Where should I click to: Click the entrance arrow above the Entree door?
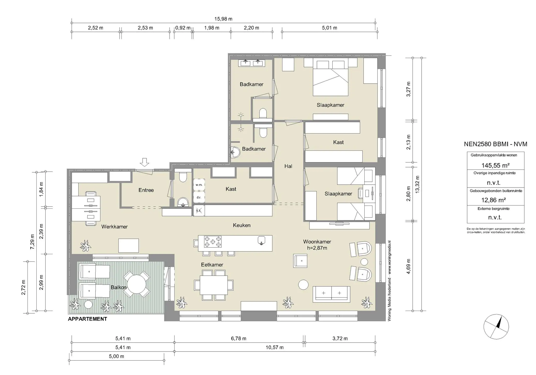click(144, 162)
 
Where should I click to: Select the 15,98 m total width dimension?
click(223, 19)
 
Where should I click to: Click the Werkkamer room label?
click(114, 227)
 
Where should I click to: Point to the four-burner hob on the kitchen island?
click(213, 242)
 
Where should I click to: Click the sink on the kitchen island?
click(261, 240)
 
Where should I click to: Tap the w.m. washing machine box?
click(199, 185)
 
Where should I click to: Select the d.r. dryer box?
click(199, 197)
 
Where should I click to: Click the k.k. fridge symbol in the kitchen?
click(199, 211)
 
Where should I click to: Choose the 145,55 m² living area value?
click(495, 165)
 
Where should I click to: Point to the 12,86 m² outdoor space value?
click(493, 200)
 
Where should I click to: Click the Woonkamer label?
click(317, 242)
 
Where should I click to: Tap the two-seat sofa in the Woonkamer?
click(331, 293)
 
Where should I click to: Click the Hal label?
click(288, 166)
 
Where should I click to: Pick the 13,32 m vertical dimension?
click(417, 184)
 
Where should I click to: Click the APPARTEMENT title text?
click(87, 319)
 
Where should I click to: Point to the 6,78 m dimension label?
click(238, 338)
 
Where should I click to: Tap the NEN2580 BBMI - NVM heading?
click(495, 144)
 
